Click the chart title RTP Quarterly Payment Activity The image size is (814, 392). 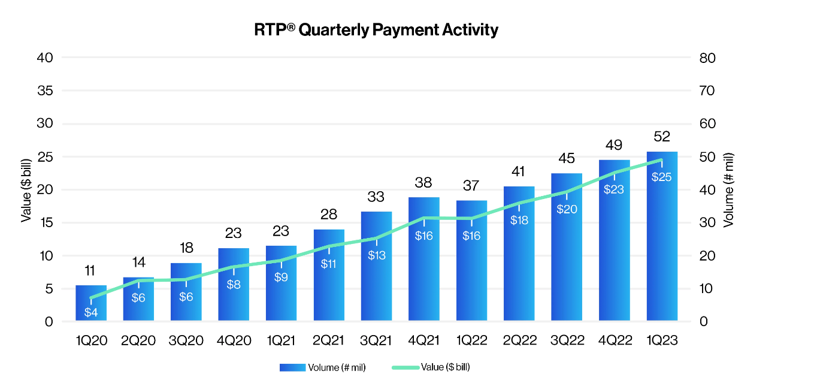pyautogui.click(x=376, y=30)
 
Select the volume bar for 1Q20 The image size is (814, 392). pyautogui.click(x=91, y=303)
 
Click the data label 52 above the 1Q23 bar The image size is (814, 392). pyautogui.click(x=662, y=137)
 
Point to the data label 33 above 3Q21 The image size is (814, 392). pyautogui.click(x=376, y=197)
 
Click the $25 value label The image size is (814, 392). pyautogui.click(x=662, y=177)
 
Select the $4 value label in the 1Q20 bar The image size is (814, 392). pyautogui.click(x=91, y=312)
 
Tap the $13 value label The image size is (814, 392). pyautogui.click(x=376, y=255)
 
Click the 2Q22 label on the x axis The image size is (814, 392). pyautogui.click(x=519, y=340)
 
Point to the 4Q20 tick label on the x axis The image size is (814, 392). pyautogui.click(x=234, y=340)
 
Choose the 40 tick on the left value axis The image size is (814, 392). pyautogui.click(x=46, y=58)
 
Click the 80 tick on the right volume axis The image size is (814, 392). pyautogui.click(x=708, y=58)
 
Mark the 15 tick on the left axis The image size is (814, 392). pyautogui.click(x=46, y=223)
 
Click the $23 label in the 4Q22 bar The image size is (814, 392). pyautogui.click(x=614, y=189)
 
